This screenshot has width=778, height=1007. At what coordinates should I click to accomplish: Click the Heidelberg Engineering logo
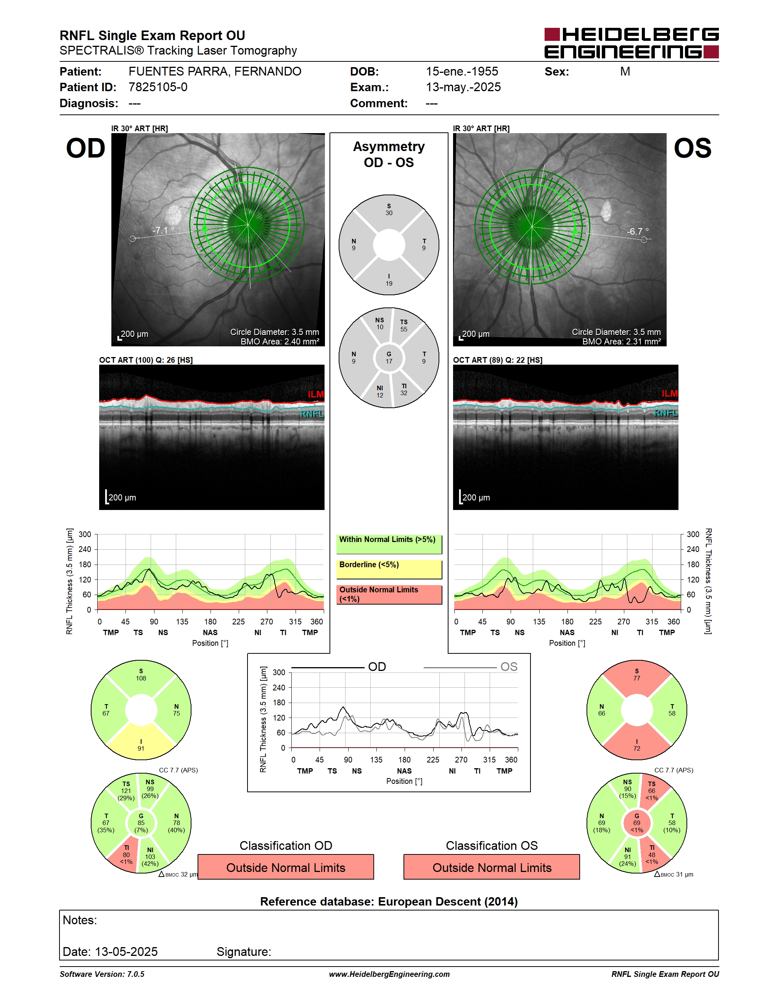point(632,43)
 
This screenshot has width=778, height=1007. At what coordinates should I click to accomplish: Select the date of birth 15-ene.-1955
point(462,71)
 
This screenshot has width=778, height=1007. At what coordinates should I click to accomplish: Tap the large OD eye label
point(86,148)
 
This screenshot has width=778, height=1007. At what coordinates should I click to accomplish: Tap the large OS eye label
point(692,148)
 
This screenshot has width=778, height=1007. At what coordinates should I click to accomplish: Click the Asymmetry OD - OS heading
point(389,154)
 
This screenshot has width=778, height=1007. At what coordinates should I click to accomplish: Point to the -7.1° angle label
point(164,230)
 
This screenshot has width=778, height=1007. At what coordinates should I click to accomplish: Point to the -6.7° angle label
point(638,231)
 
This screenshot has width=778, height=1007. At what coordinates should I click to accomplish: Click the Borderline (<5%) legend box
point(389,569)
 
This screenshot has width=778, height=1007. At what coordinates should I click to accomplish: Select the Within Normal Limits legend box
point(389,544)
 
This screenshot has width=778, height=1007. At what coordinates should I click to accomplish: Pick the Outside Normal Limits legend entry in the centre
point(389,594)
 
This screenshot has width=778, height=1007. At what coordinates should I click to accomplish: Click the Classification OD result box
point(286,867)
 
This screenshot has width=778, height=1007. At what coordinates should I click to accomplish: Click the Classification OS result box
point(492,867)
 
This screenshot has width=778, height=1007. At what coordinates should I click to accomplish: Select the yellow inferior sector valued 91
point(141,743)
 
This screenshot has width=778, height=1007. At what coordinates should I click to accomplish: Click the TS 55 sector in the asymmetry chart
point(407,327)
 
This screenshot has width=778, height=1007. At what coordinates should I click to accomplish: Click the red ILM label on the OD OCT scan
point(316,394)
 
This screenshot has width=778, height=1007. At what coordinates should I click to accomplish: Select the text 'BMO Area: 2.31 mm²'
point(621,342)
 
